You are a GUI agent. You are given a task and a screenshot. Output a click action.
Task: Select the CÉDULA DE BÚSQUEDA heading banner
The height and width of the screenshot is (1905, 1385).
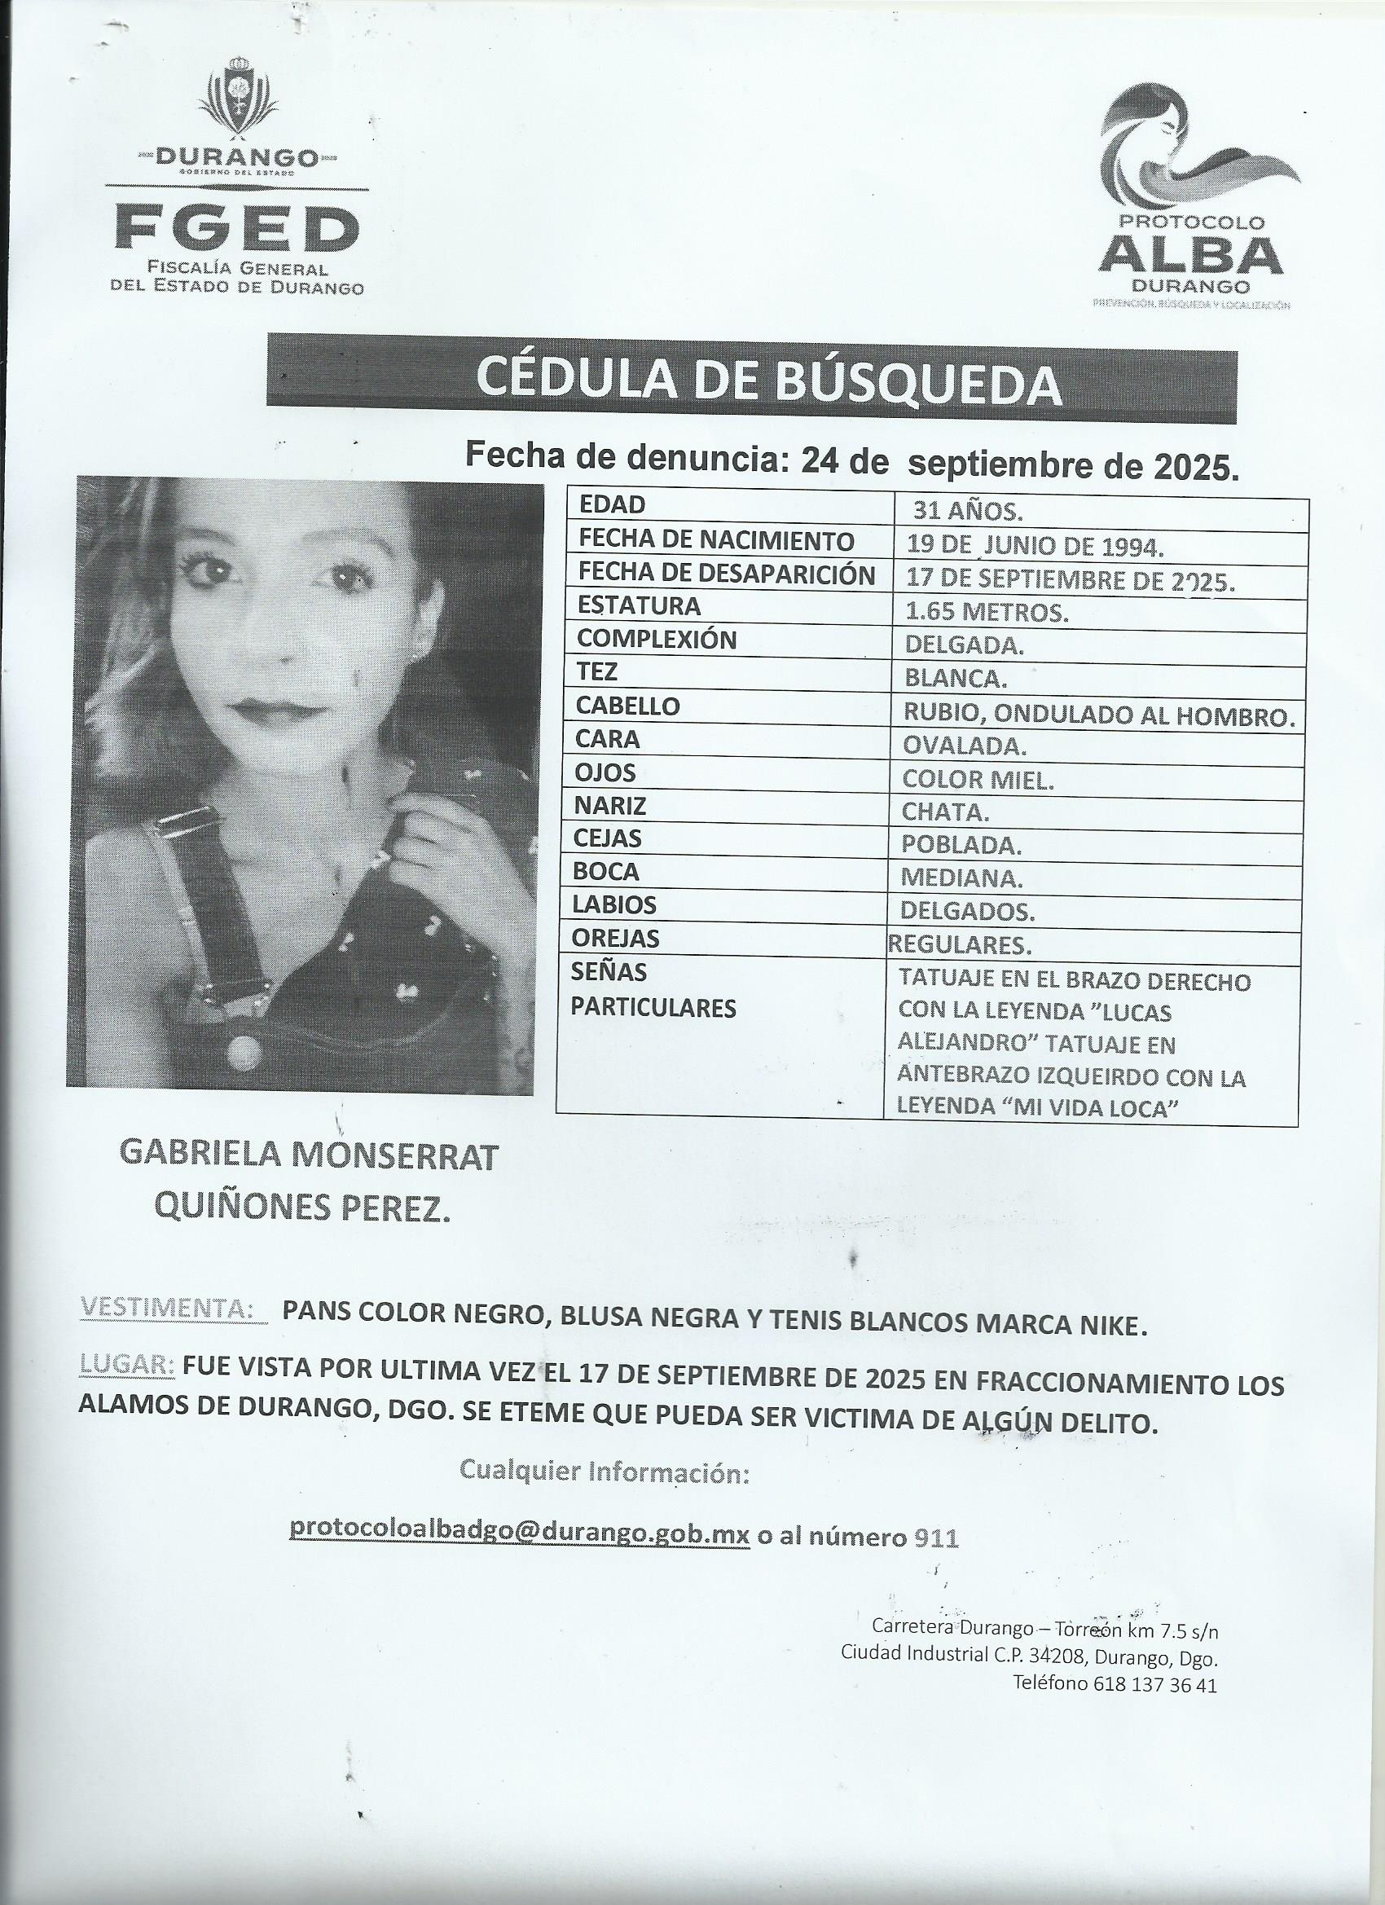[751, 381]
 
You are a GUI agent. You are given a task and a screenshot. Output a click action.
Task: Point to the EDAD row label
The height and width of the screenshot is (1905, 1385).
[612, 505]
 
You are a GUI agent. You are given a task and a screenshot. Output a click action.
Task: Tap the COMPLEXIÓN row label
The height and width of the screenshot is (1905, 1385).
[656, 639]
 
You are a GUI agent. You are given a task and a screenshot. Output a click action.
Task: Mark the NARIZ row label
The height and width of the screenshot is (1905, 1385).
[609, 806]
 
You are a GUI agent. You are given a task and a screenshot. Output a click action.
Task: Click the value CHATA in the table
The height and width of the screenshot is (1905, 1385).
[945, 812]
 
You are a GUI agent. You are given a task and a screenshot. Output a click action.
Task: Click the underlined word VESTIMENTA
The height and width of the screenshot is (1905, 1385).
[167, 1309]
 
